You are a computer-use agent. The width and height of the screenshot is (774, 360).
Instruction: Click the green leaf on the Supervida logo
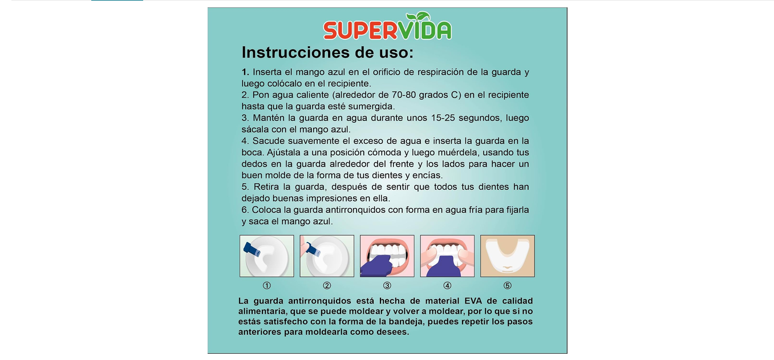[418, 17]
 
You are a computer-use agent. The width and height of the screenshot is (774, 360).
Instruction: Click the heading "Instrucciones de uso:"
[327, 52]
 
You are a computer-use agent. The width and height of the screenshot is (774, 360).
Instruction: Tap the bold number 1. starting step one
[245, 72]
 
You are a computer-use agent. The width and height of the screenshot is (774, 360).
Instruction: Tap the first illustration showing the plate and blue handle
[267, 256]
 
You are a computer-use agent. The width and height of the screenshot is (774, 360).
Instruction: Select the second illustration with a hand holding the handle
[327, 256]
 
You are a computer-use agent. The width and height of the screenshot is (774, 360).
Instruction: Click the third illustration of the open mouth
[387, 256]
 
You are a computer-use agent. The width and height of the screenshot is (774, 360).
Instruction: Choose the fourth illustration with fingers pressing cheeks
[447, 256]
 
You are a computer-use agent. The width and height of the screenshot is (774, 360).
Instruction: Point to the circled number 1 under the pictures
[267, 286]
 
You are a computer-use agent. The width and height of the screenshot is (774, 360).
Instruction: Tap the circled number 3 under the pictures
[387, 286]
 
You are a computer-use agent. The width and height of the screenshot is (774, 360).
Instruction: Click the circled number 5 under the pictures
[507, 286]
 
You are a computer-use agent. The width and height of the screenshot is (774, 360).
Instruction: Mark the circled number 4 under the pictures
[447, 286]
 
